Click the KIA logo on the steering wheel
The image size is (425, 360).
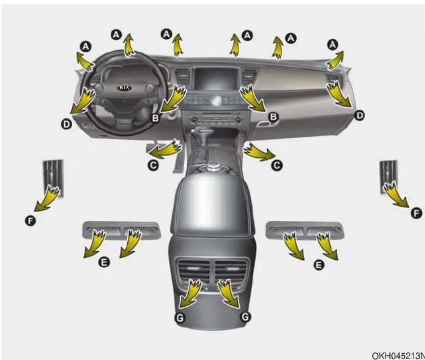[124, 88]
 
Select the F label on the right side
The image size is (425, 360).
[416, 213]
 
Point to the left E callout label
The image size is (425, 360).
[104, 262]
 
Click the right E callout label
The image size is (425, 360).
[319, 265]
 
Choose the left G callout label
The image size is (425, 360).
[180, 318]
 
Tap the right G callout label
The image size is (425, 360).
[245, 317]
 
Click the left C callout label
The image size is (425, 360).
[153, 165]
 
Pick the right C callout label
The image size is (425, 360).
[277, 165]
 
